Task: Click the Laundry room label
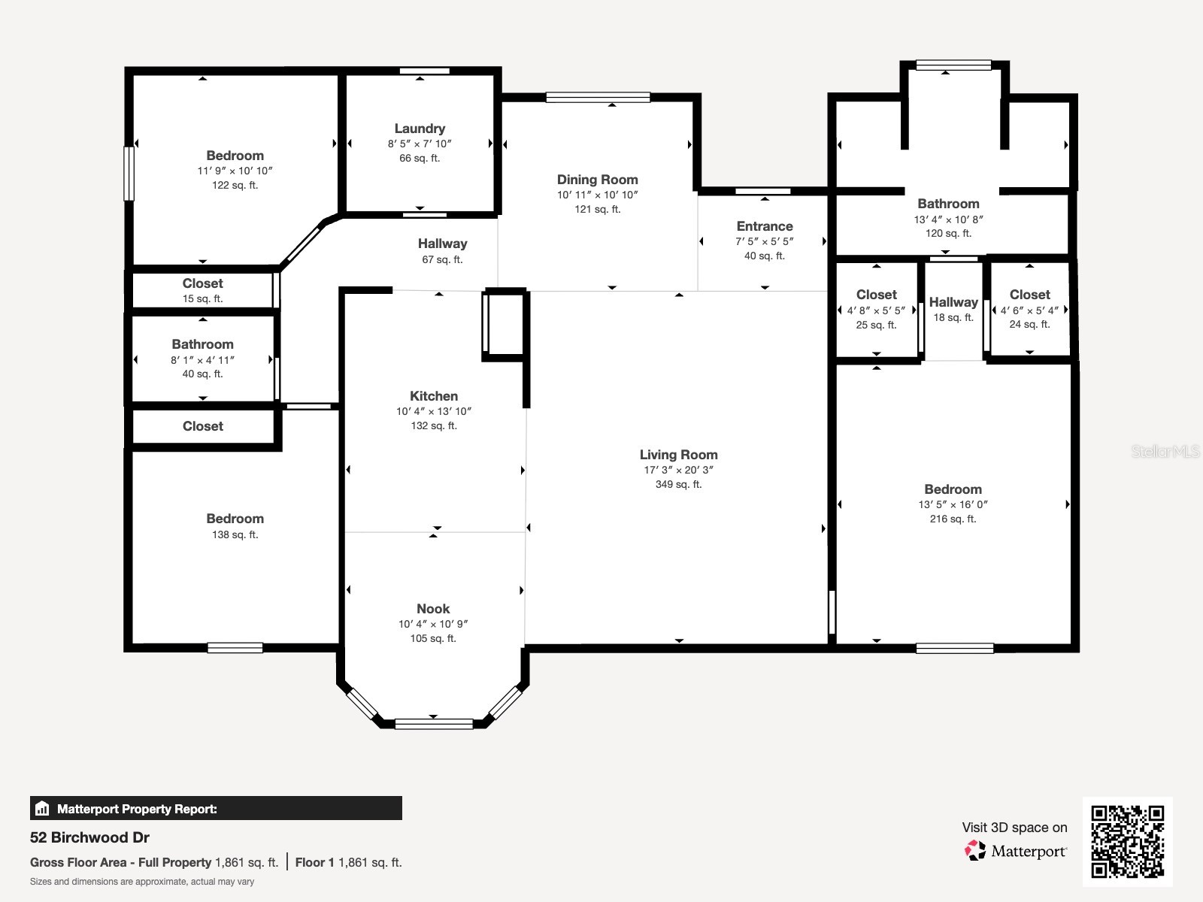pyautogui.click(x=420, y=129)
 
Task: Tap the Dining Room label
pyautogui.click(x=597, y=180)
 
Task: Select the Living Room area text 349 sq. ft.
pyautogui.click(x=678, y=485)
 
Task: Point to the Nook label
pyautogui.click(x=433, y=609)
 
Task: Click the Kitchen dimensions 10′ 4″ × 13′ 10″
pyautogui.click(x=434, y=411)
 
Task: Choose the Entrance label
pyautogui.click(x=765, y=226)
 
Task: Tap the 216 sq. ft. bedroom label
pyautogui.click(x=953, y=489)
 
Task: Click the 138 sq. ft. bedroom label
pyautogui.click(x=235, y=519)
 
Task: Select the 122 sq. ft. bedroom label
pyautogui.click(x=235, y=156)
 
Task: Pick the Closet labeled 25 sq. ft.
pyautogui.click(x=876, y=295)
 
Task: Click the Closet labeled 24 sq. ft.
pyautogui.click(x=1029, y=295)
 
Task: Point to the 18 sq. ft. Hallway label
pyautogui.click(x=953, y=302)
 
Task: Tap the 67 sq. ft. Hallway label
pyautogui.click(x=442, y=244)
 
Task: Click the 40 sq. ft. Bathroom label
pyautogui.click(x=202, y=344)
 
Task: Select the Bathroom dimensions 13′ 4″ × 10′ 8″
pyautogui.click(x=948, y=219)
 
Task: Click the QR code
pyautogui.click(x=1127, y=841)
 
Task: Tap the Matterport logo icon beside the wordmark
pyautogui.click(x=975, y=851)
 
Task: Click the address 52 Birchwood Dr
pyautogui.click(x=89, y=837)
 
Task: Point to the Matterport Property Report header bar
pyautogui.click(x=216, y=809)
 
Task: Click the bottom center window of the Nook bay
pyautogui.click(x=434, y=724)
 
